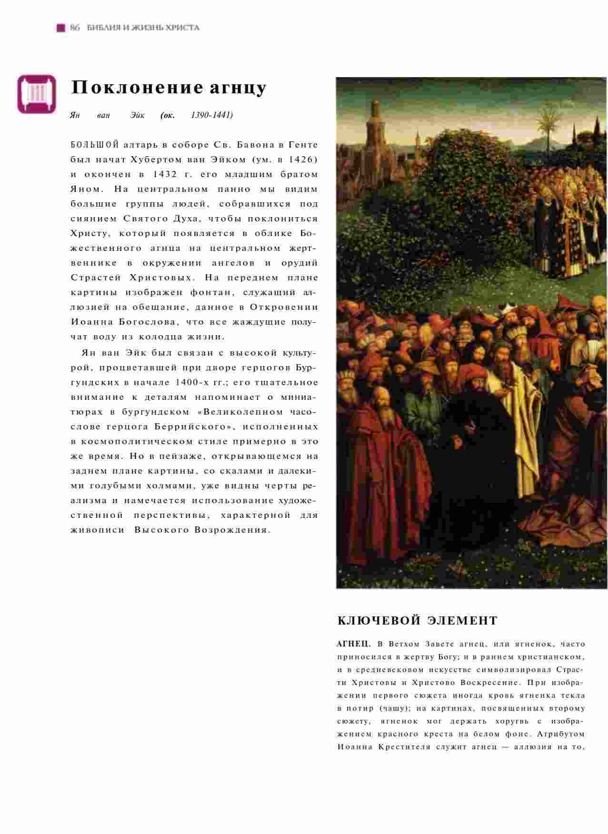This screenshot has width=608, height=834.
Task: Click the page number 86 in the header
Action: [75, 28]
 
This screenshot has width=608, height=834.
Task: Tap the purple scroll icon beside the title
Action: [36, 94]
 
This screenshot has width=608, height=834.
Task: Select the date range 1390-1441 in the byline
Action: [211, 115]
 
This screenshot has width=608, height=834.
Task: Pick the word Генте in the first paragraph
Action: [303, 145]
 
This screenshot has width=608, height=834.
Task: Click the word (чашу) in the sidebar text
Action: [397, 708]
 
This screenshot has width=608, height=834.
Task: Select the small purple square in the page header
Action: [60, 28]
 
